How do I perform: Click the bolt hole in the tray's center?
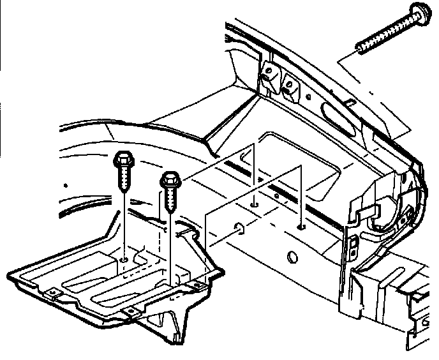(x=124, y=259)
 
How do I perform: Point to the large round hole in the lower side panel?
(x=293, y=257)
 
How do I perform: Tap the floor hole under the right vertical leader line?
(x=300, y=226)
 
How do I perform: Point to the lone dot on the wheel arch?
(x=66, y=184)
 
